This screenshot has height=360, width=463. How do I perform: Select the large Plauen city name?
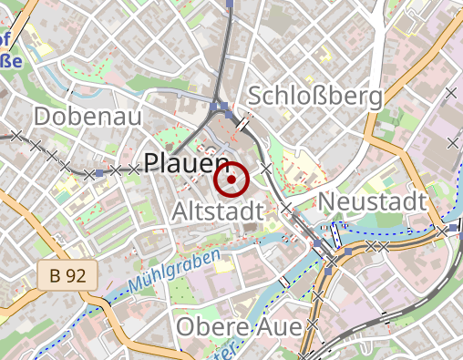(186, 164)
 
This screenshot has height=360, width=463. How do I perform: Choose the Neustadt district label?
(374, 201)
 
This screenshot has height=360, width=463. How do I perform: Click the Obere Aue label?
(240, 325)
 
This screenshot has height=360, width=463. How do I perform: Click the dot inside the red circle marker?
(231, 180)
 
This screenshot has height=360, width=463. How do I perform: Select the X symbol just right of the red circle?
(266, 169)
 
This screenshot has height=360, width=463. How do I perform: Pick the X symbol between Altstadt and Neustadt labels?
(286, 209)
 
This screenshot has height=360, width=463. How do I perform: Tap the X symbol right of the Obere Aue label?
(313, 324)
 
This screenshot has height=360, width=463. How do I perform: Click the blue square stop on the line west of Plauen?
(99, 172)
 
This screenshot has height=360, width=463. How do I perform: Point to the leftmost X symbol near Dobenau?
(15, 136)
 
